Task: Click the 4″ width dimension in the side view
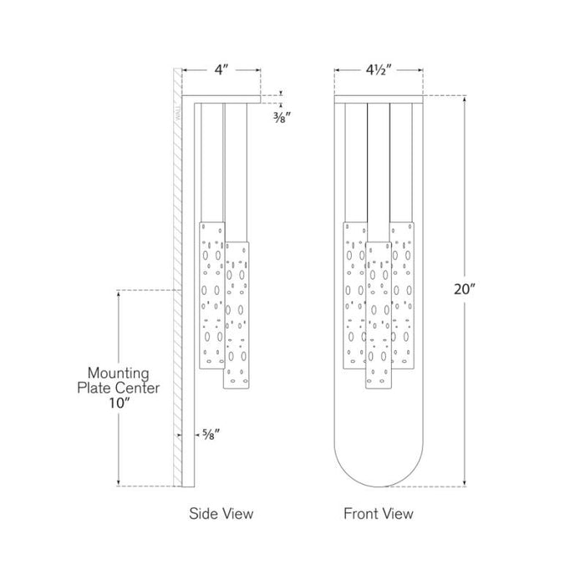point(221,69)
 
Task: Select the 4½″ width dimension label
point(379,69)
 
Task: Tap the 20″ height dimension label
point(465,289)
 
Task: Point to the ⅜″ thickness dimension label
point(282,118)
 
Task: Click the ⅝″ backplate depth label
point(211,435)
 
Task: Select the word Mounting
point(119,374)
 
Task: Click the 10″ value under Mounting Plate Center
point(119,403)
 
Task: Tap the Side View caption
point(221,514)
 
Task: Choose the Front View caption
point(379,514)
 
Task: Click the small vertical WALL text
point(178,112)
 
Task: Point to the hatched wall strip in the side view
point(177,277)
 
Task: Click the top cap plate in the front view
point(379,99)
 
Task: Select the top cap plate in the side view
point(221,99)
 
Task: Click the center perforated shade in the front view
point(379,315)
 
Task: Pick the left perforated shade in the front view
point(354,296)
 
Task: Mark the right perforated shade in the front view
point(403,296)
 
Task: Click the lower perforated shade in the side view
point(237,315)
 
